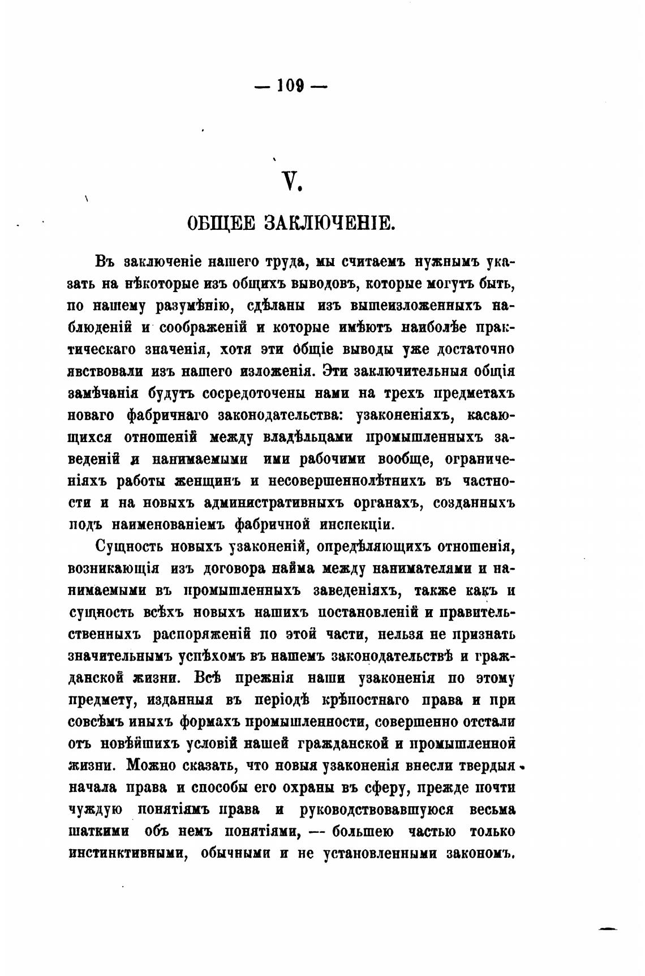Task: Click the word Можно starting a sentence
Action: pyautogui.click(x=151, y=765)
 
